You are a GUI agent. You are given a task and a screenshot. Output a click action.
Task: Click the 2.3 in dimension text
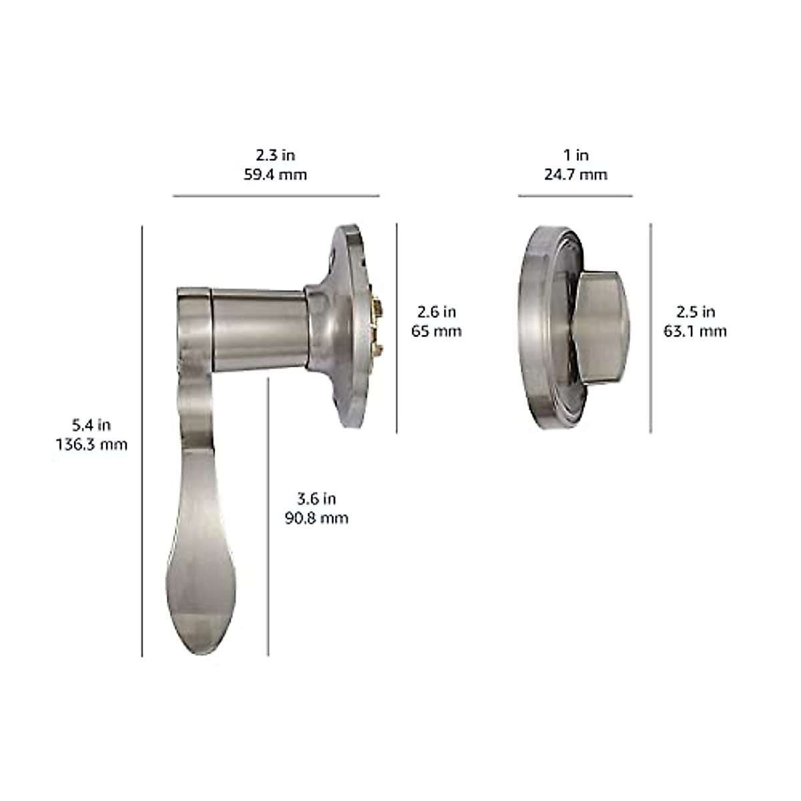[x=275, y=156]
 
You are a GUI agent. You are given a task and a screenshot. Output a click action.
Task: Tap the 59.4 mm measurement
[x=275, y=175]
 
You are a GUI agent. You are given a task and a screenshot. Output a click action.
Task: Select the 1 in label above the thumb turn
[x=575, y=156]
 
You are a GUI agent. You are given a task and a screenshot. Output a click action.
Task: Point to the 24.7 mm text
[x=575, y=175]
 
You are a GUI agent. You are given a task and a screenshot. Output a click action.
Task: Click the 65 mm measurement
[x=436, y=331]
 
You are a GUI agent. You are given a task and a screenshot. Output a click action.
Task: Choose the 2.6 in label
[x=436, y=312]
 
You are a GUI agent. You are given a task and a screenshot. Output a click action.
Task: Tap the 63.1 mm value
[x=695, y=331]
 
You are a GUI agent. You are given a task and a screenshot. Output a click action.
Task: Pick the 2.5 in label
[x=695, y=312]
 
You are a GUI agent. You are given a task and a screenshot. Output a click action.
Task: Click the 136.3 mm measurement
[x=91, y=444]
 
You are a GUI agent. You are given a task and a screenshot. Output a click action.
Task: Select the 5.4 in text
[x=91, y=425]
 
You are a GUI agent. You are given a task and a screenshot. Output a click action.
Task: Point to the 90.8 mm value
[x=316, y=518]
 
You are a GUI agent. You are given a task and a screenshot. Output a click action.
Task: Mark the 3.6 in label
[x=316, y=499]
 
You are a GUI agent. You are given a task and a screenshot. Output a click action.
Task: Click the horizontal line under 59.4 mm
[x=276, y=196]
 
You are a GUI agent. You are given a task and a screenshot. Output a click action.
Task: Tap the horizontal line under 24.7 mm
[x=575, y=196]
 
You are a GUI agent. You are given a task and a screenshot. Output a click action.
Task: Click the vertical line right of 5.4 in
[x=142, y=441]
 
